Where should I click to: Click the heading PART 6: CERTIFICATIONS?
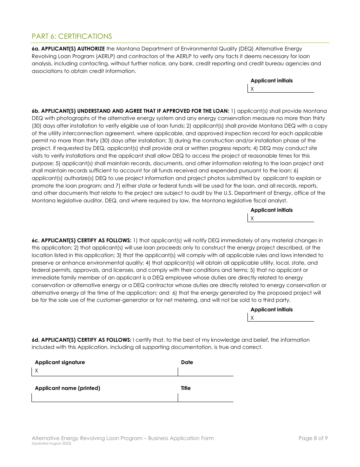point(72,36)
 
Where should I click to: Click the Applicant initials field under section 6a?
point(282,89)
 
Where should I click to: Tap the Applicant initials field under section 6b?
point(282,218)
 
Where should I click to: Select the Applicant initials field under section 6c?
point(282,318)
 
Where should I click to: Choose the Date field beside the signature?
point(205,371)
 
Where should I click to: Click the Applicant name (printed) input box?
point(105,397)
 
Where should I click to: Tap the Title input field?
point(205,397)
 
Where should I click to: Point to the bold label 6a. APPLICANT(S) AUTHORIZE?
point(68,49)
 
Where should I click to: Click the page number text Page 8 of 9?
point(313,438)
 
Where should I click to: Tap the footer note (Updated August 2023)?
point(52,443)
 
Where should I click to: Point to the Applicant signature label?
point(60,362)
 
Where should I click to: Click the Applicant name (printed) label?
point(67,388)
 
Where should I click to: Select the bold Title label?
point(186,388)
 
